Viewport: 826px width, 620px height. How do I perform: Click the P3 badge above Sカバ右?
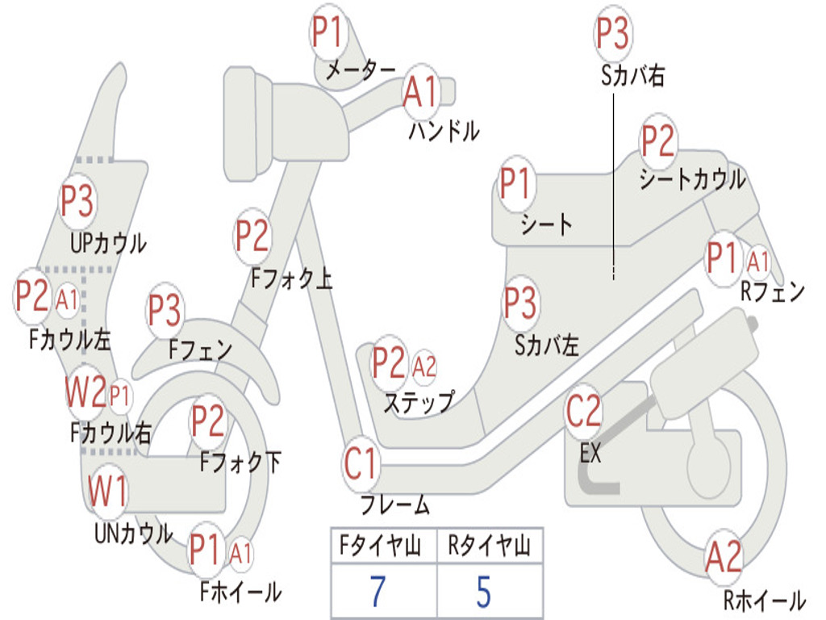[612, 33]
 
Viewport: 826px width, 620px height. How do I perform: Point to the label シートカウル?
[692, 180]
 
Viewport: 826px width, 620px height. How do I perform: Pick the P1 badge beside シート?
[515, 184]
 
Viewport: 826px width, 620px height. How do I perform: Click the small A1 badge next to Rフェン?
[758, 261]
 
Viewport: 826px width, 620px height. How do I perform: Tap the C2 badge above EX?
[583, 412]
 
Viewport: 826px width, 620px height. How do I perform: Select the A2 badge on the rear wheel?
[723, 557]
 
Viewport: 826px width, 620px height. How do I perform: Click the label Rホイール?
[764, 600]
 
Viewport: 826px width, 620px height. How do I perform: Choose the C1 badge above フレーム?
[361, 464]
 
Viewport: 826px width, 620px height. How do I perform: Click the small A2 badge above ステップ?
[424, 367]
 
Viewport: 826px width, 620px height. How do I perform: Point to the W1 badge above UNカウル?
[107, 491]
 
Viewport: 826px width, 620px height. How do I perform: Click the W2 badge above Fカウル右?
[85, 394]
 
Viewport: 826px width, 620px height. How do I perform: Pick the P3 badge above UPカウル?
[77, 201]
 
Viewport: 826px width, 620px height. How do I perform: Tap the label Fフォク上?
[292, 279]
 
